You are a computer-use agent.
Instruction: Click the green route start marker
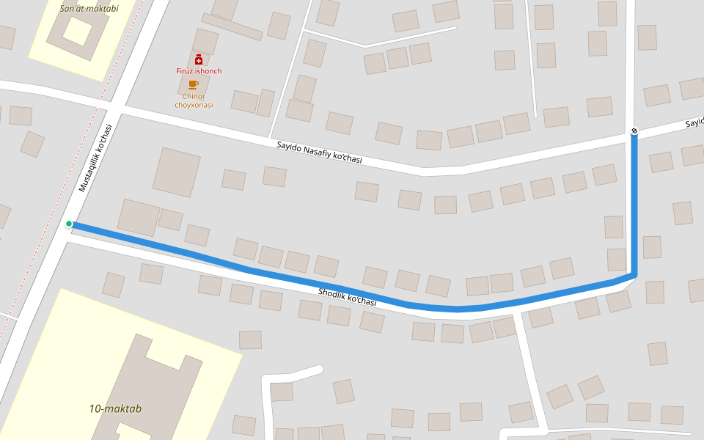coord(69,224)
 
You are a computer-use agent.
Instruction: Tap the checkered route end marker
coord(634,131)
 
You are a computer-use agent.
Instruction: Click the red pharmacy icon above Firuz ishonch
coord(198,59)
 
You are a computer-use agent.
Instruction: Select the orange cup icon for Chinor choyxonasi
coord(194,84)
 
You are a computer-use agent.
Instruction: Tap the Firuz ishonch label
coord(199,71)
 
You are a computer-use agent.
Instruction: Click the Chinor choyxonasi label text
coord(194,100)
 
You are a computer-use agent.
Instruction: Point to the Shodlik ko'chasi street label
coord(347,297)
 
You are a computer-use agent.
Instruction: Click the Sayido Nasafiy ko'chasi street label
coord(319,152)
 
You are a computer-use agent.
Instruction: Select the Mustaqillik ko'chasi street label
coord(95,158)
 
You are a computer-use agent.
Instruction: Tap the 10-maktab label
coord(115,408)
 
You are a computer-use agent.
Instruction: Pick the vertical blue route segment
coord(634,205)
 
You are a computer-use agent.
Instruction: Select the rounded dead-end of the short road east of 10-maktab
coord(318,369)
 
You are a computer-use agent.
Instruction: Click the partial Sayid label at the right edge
coord(694,122)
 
